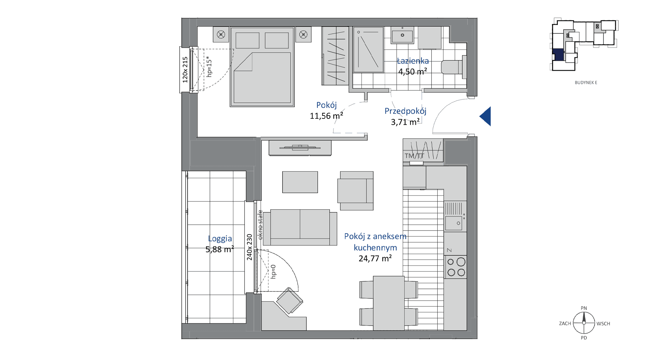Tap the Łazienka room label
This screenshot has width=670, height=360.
click(x=413, y=61)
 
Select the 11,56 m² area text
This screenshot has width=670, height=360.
click(x=327, y=116)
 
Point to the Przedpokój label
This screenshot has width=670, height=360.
click(x=405, y=111)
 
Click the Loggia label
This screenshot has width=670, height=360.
click(x=220, y=239)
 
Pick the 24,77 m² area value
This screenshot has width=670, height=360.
click(x=375, y=258)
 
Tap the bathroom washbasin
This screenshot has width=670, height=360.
click(x=402, y=35)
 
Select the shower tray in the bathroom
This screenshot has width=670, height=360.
click(x=368, y=49)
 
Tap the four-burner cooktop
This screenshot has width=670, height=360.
click(x=456, y=267)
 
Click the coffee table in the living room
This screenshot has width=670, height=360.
click(x=300, y=182)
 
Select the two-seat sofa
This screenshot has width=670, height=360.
click(x=300, y=228)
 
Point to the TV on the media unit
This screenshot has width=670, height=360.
click(x=300, y=148)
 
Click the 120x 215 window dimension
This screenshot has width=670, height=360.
click(x=185, y=69)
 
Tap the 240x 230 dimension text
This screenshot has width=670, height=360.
click(x=250, y=247)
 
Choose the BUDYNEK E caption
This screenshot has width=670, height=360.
click(x=586, y=83)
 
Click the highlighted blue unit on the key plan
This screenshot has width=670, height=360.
click(x=558, y=55)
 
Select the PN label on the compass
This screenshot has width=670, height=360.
click(x=584, y=308)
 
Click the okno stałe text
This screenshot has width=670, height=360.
click(x=260, y=225)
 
